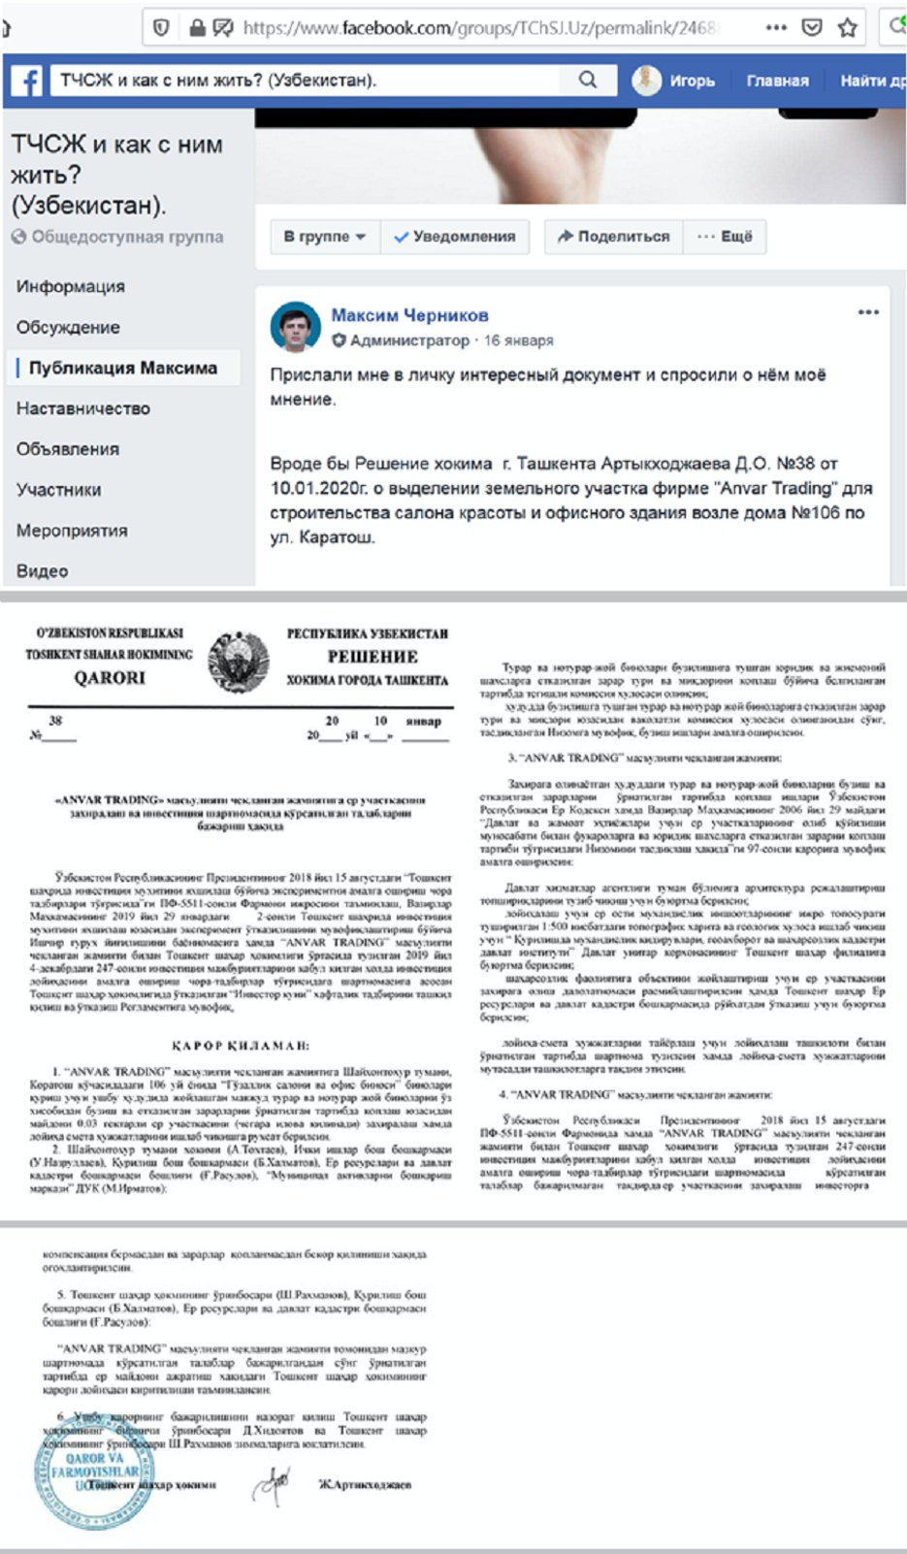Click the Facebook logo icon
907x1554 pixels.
click(26, 81)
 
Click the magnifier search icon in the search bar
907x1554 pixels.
click(588, 80)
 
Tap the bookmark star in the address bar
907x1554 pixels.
click(848, 27)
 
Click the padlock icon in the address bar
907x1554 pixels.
click(197, 27)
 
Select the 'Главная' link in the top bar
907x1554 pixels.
click(777, 81)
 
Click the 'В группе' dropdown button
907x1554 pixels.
click(324, 236)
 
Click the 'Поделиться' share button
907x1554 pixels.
click(613, 236)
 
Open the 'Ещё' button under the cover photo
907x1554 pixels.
click(725, 236)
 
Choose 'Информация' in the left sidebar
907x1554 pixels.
click(71, 286)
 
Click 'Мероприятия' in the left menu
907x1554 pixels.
click(72, 531)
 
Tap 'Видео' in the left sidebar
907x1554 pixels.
click(43, 571)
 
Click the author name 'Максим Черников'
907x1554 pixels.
click(409, 315)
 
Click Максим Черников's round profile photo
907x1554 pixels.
click(295, 326)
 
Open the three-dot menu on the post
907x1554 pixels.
click(868, 312)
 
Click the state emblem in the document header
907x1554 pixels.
click(238, 659)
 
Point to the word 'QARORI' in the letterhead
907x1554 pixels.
click(110, 678)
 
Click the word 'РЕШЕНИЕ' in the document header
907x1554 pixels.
click(373, 657)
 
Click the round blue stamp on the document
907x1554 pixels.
click(94, 1472)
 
